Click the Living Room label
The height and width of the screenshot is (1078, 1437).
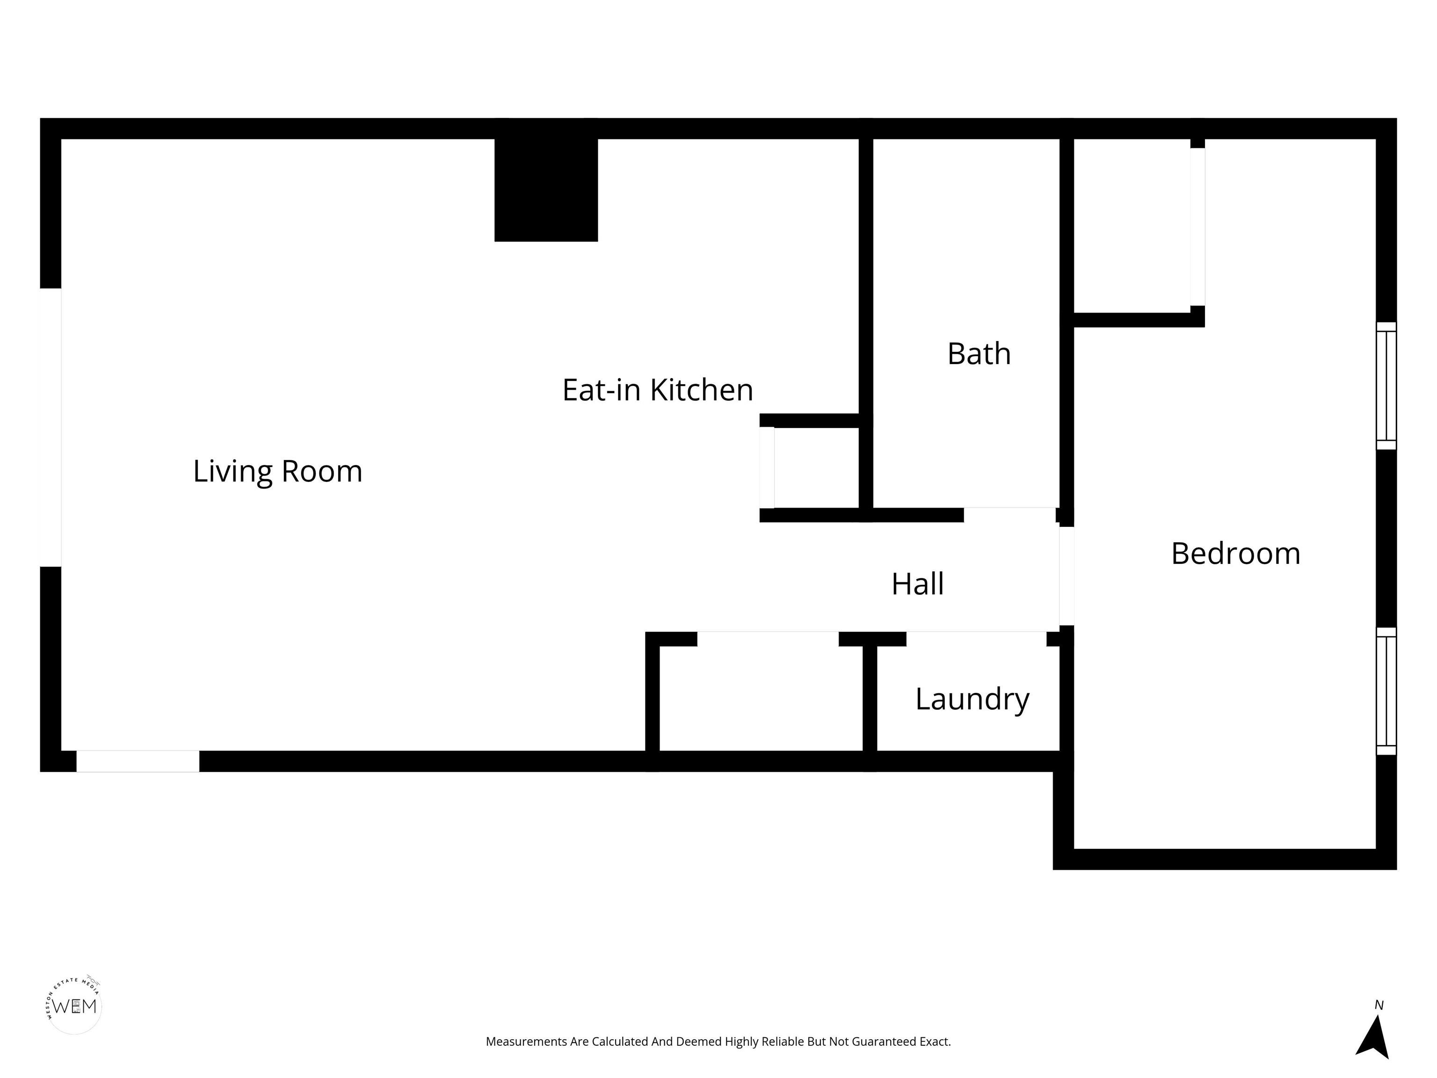[277, 471]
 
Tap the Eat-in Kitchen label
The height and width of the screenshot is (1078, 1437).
[657, 390]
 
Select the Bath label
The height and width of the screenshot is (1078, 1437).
[979, 354]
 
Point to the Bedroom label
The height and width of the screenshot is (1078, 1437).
[1235, 554]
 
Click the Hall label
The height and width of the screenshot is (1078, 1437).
[917, 583]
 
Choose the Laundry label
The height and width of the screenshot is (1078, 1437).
[972, 699]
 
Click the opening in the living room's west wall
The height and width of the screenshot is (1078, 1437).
[51, 427]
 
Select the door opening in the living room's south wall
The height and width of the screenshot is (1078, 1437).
[138, 761]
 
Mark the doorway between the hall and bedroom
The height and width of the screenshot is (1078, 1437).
[1066, 575]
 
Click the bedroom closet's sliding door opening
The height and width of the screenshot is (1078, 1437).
[1197, 226]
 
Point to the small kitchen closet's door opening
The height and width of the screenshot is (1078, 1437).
[767, 467]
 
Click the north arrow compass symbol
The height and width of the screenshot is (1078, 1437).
[1373, 1037]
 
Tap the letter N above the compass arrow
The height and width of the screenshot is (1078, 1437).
[1379, 1005]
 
